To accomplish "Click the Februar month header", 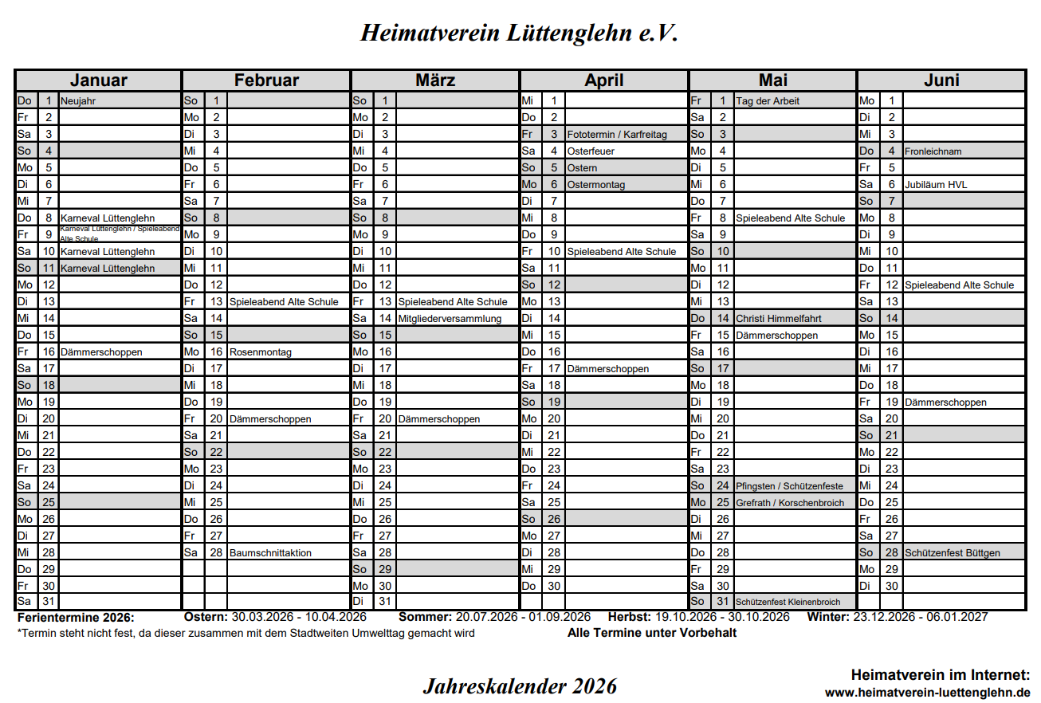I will point(266,81).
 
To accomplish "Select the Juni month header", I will point(941,81).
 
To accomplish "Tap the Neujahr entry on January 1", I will point(78,101).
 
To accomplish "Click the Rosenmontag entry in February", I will point(261,352).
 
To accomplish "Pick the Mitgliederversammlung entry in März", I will point(450,319).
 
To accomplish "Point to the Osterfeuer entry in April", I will point(591,151).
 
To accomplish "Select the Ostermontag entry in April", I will point(595,185).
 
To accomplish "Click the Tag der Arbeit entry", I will point(768,101).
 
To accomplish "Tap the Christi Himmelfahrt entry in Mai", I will point(779,319).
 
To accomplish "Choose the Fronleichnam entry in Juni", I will point(933,151).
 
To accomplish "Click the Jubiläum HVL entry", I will point(936,185).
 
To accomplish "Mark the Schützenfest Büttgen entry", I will point(953,553).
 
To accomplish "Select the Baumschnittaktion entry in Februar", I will point(270,553).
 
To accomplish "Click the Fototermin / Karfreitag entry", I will point(617,135).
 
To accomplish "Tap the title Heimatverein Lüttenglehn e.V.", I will point(520,33).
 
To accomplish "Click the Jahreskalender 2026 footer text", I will point(520,685).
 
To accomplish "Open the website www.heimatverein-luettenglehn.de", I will point(927,693).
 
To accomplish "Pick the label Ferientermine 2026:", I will point(76,618).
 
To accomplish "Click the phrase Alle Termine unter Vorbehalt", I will point(652,633).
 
